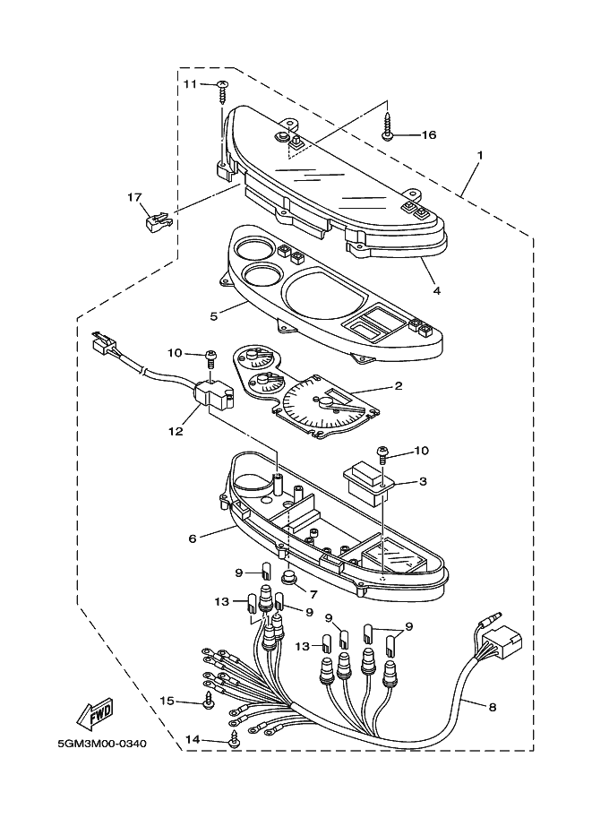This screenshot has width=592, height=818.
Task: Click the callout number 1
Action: click(480, 155)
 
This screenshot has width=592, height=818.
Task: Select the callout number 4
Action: click(436, 290)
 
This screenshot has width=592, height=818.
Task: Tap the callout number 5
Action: click(214, 315)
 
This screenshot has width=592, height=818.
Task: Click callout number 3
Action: click(423, 481)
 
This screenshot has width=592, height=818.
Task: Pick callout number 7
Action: click(313, 593)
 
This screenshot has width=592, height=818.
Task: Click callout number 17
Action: click(134, 197)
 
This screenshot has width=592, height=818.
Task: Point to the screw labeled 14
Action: click(236, 741)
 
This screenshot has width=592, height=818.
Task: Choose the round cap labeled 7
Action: click(289, 578)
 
